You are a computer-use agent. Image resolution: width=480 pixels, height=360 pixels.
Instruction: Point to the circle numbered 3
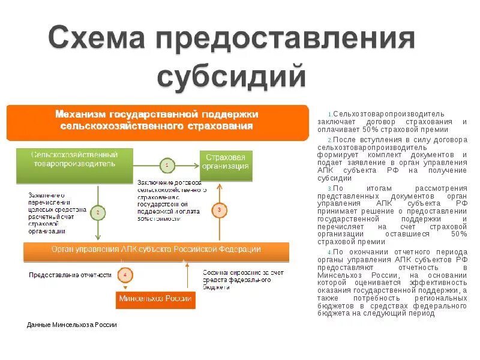click(220, 210)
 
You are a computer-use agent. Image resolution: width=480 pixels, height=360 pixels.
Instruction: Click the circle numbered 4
click(125, 275)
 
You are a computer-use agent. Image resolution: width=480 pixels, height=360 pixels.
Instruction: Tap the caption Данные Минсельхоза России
click(72, 325)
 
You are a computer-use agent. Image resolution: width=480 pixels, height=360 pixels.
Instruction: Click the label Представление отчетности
click(70, 275)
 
